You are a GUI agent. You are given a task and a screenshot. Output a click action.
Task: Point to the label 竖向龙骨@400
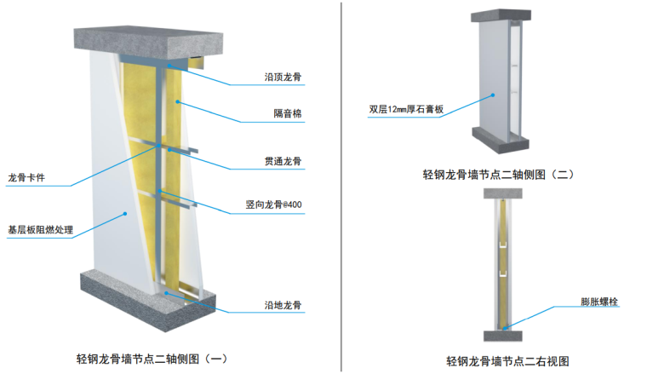273,205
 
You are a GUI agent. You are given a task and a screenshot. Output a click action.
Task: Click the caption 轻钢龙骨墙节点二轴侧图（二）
499,174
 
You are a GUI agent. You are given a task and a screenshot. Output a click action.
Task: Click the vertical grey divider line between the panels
341,187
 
